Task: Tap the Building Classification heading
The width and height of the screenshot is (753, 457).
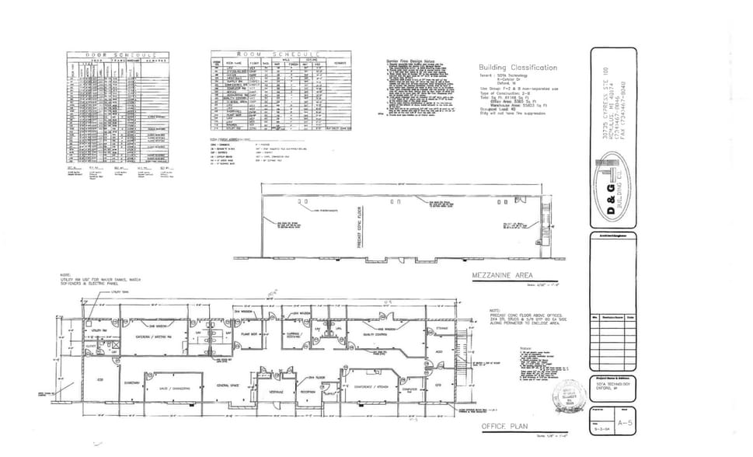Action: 518,68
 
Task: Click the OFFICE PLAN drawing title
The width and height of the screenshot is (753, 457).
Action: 504,427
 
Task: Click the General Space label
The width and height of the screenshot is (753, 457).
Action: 227,385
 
